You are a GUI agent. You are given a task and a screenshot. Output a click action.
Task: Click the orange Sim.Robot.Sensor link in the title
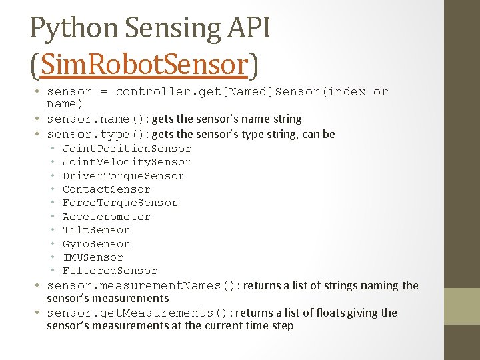[145, 65]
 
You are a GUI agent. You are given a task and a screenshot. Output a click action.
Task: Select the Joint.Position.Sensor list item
[127, 149]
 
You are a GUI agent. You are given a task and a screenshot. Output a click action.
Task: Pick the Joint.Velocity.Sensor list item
[127, 162]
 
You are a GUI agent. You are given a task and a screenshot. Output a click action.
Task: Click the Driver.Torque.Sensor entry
[123, 176]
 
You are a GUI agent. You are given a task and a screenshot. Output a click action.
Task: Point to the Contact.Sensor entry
[107, 189]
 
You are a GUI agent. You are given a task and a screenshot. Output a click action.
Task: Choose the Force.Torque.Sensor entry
[120, 203]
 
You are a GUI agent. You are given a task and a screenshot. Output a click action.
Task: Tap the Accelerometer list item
[107, 217]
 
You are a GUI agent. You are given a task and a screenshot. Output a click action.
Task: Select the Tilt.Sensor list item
[96, 230]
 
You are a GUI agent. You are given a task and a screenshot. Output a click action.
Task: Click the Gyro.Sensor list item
[96, 244]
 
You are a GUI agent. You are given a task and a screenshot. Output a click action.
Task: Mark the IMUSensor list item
[93, 257]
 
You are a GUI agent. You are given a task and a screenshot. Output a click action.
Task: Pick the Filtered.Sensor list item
[110, 271]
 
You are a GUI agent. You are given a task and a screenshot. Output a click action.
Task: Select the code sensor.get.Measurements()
[137, 313]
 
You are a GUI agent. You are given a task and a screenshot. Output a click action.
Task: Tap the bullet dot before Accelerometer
[53, 217]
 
